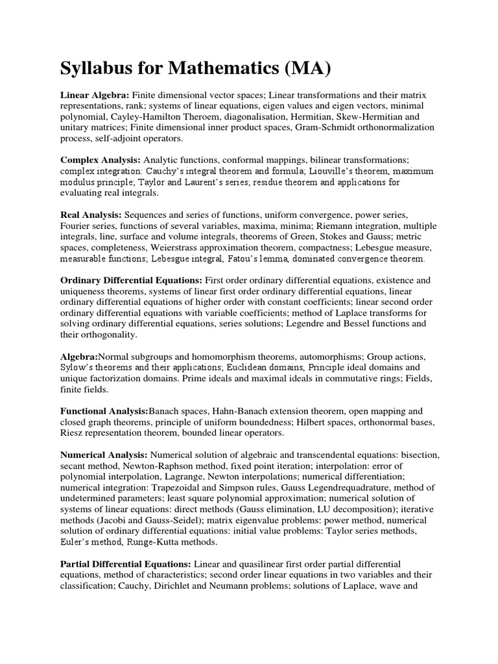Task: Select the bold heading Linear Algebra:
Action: point(95,94)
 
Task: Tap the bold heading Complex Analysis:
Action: point(101,160)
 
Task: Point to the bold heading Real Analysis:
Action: point(91,215)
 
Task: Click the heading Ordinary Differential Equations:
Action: point(132,280)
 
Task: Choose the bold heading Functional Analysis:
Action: point(104,411)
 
